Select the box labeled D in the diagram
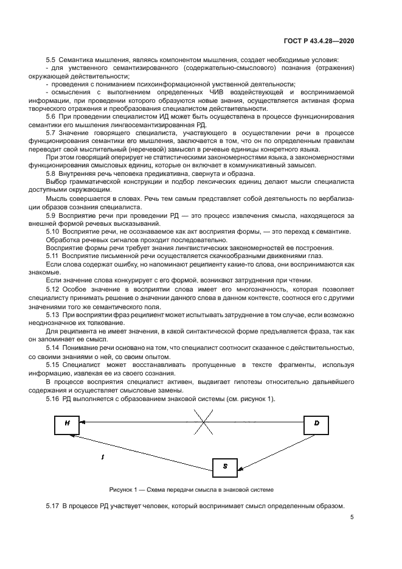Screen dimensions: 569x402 click(316, 422)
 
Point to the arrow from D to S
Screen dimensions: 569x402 click(272, 451)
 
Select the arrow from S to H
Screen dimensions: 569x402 click(140, 450)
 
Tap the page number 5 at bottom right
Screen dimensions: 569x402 click(352, 518)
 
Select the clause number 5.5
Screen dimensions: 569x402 click(50, 59)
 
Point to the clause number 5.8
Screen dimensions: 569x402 click(50, 174)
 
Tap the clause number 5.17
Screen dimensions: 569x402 click(52, 506)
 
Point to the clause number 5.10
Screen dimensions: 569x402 click(52, 231)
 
